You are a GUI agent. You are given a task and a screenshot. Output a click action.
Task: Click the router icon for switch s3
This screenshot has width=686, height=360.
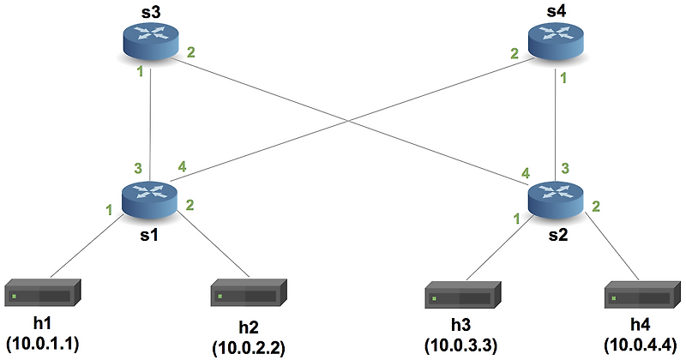click(151, 40)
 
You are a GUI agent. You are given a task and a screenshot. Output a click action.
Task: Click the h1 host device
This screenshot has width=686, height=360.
click(42, 296)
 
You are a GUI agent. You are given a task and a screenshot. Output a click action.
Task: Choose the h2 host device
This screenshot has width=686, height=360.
click(248, 296)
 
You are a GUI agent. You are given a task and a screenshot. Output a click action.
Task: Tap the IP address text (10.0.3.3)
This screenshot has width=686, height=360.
click(462, 344)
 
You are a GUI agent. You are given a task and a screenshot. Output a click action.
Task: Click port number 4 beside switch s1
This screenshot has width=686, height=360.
click(181, 165)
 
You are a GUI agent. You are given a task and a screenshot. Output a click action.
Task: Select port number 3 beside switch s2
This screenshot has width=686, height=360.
click(565, 168)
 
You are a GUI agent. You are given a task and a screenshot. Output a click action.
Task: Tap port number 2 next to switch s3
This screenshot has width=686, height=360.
click(190, 53)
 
